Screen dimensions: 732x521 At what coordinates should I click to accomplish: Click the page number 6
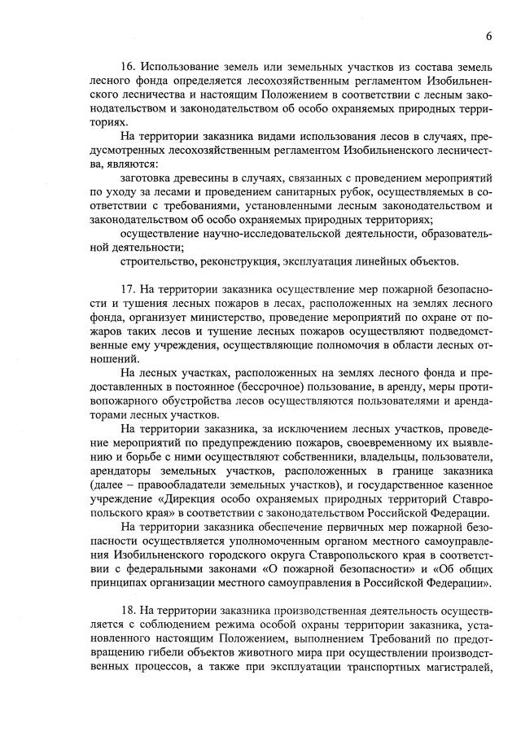488,36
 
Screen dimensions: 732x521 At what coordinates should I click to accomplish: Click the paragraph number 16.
127,65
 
